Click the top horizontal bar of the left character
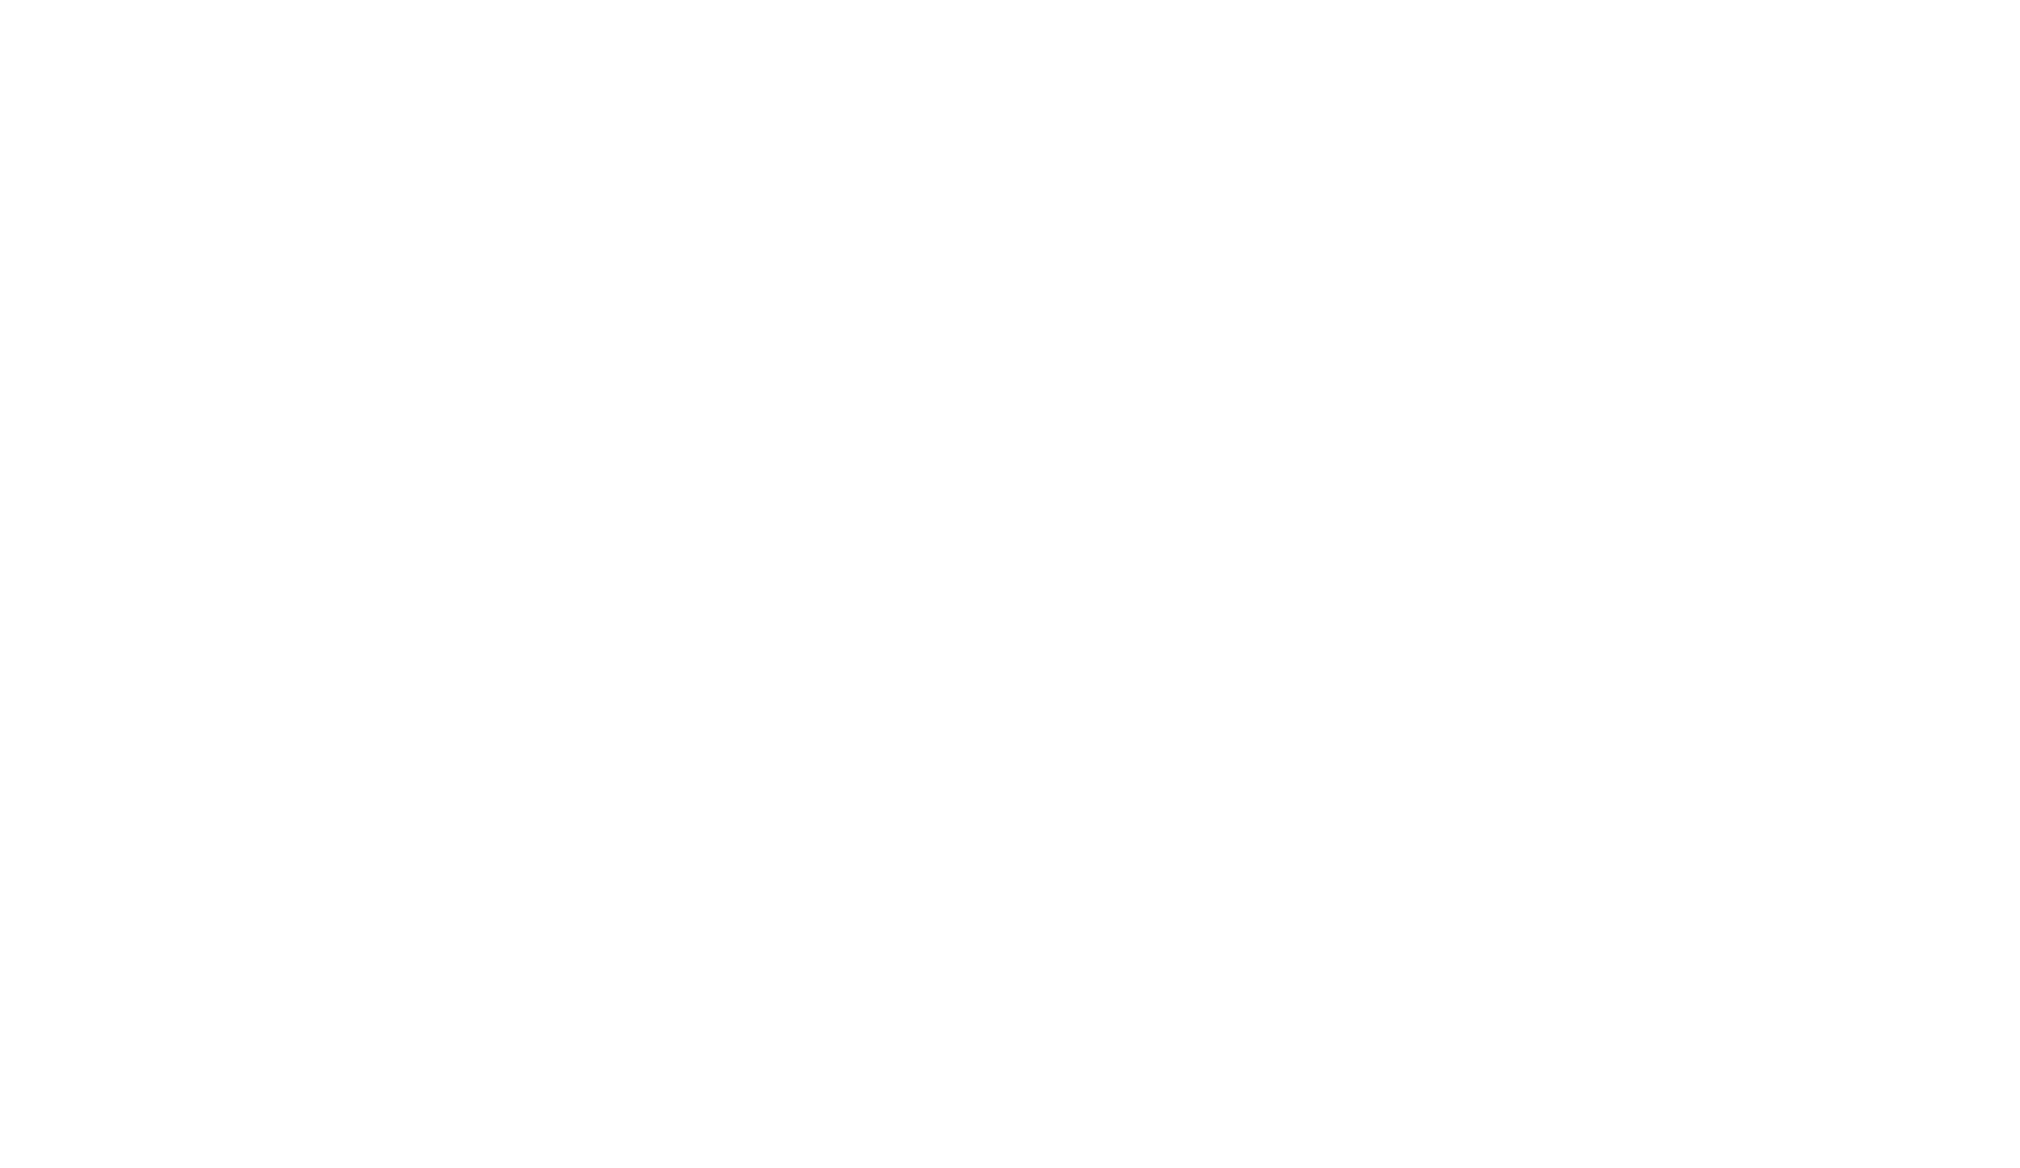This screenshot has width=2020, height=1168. [184, 184]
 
